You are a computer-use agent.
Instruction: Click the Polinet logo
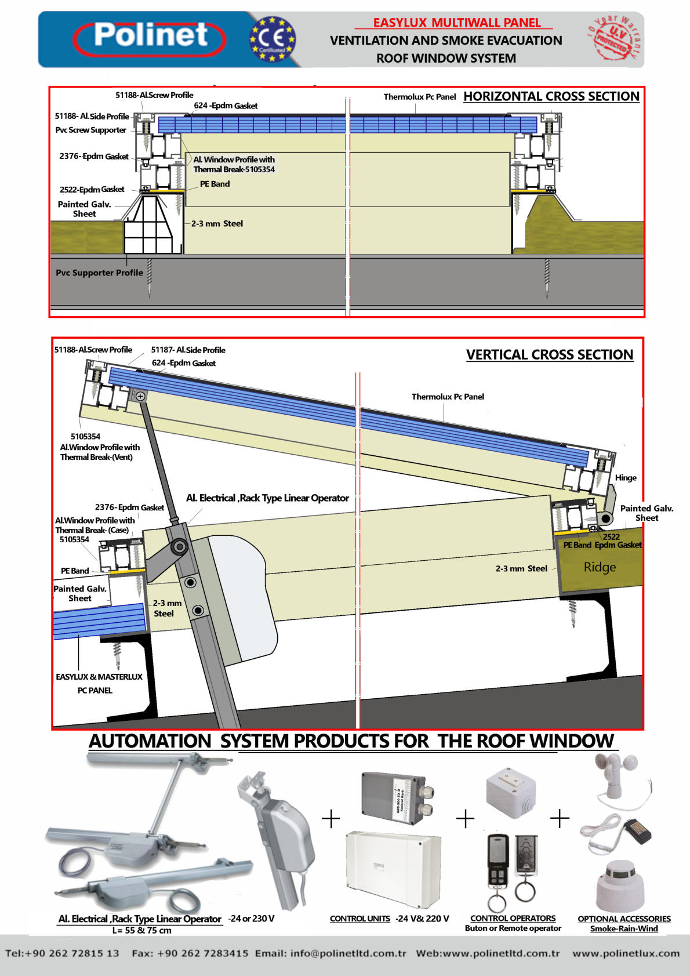[150, 38]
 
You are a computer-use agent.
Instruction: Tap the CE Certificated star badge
[273, 39]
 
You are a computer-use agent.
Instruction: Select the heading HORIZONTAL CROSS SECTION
[551, 96]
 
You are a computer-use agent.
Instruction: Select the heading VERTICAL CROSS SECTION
[550, 355]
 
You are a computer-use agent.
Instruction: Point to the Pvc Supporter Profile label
[99, 273]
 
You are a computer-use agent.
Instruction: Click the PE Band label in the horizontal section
[215, 184]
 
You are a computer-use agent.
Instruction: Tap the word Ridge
[600, 567]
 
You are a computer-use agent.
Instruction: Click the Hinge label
[626, 477]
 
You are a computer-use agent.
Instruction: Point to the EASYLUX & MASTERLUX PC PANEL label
[99, 683]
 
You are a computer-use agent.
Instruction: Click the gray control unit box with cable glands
[397, 798]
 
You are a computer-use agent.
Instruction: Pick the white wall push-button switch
[510, 792]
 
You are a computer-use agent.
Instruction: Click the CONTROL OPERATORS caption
[513, 918]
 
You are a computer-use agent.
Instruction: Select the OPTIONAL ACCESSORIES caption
[624, 919]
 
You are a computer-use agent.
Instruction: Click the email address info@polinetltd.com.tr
[331, 953]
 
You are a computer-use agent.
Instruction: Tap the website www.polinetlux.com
[626, 953]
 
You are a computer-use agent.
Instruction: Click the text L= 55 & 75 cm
[141, 930]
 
